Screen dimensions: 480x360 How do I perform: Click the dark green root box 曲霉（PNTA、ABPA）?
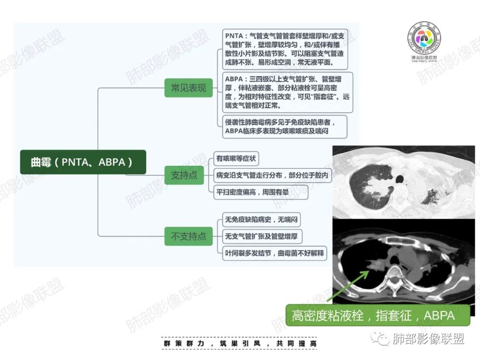[x=83, y=162]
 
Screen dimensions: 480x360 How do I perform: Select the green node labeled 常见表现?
[x=188, y=88]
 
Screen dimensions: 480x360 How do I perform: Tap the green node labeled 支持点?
[x=184, y=175]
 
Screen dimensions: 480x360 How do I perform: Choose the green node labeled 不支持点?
[x=188, y=236]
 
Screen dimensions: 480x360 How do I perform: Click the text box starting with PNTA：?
[x=285, y=49]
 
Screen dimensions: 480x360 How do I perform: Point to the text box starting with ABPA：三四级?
[x=288, y=92]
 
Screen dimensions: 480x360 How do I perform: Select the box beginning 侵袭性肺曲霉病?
[x=285, y=127]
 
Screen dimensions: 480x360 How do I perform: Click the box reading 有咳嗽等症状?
[x=236, y=159]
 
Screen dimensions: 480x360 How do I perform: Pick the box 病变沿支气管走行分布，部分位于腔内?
[x=272, y=175]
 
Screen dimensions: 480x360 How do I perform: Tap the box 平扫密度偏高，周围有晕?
[x=260, y=192]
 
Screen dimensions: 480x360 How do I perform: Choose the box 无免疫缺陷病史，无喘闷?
[x=261, y=220]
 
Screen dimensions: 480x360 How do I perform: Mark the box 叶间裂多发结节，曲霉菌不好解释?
[x=275, y=253]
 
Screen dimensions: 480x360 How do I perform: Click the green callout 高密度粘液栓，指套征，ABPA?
[x=378, y=315]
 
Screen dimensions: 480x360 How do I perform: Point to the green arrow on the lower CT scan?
[x=348, y=286]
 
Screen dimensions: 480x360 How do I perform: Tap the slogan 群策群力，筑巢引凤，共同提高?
[x=240, y=344]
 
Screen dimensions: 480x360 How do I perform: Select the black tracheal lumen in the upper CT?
[x=400, y=179]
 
